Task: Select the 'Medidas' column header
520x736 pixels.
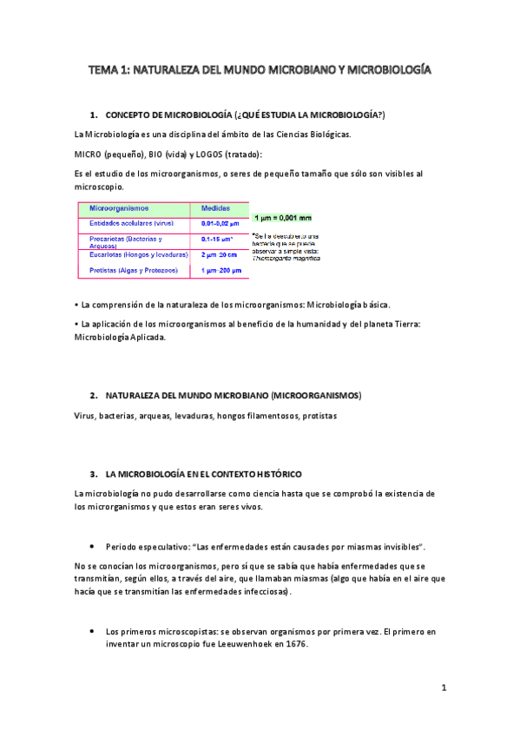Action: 215,209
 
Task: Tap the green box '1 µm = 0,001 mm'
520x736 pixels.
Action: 282,218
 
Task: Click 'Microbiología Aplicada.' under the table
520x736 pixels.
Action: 120,338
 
